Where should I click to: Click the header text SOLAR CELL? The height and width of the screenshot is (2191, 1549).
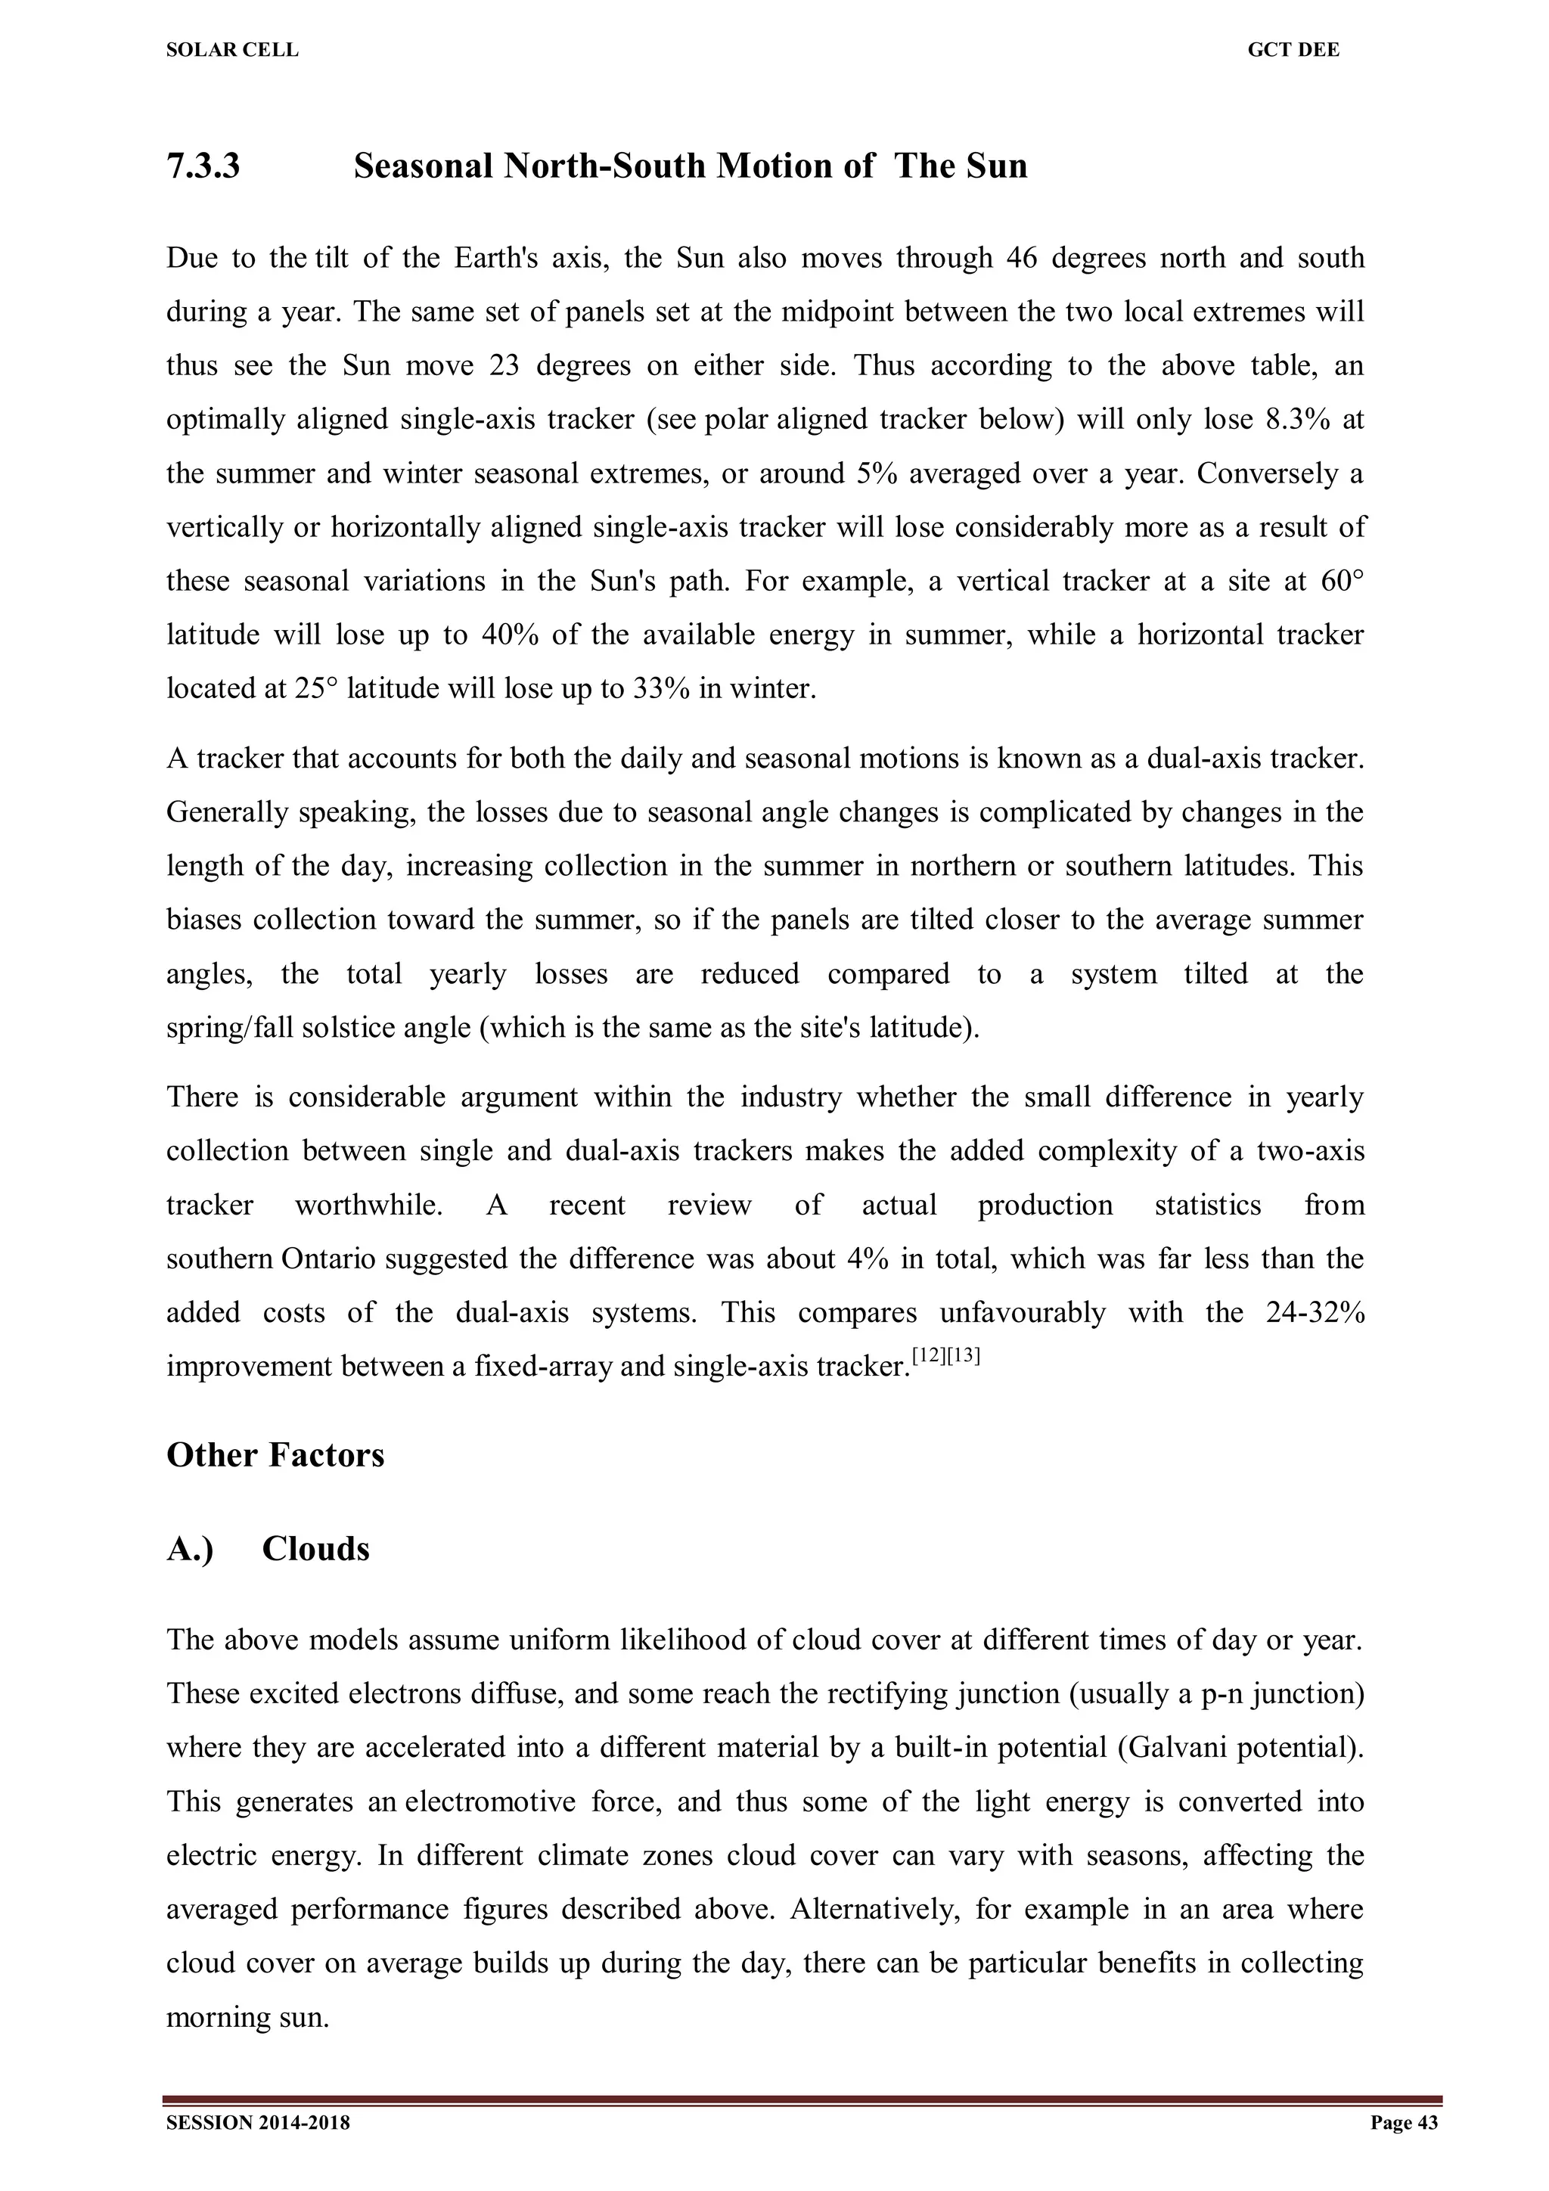232,51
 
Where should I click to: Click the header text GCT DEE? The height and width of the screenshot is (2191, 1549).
1293,51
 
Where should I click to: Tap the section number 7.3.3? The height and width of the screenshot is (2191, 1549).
203,166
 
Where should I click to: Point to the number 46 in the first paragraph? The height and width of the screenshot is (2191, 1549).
1020,258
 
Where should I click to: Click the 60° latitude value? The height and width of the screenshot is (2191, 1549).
1342,580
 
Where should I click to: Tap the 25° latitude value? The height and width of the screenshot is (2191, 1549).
317,688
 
